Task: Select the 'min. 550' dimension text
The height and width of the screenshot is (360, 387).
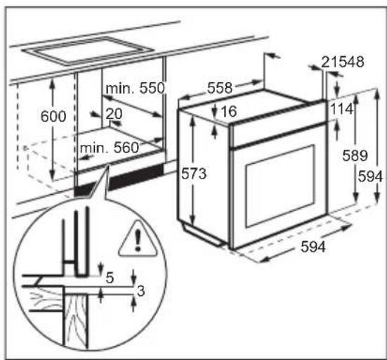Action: coord(134,89)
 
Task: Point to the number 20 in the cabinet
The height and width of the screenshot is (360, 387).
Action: coord(114,113)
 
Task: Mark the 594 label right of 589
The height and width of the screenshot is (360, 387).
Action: coord(372,177)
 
